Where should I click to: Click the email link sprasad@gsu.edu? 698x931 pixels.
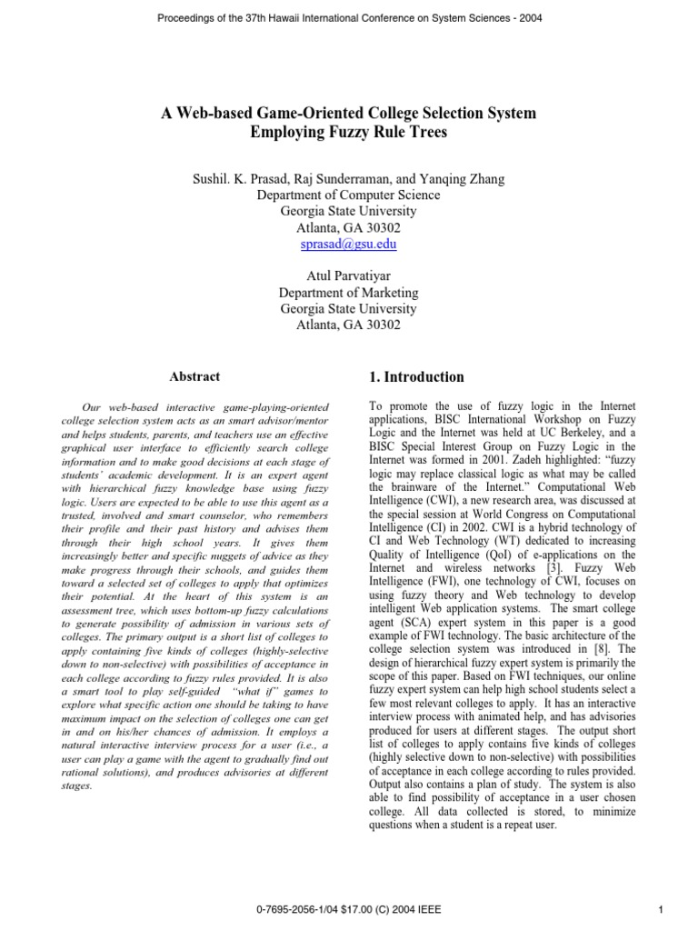tap(348, 245)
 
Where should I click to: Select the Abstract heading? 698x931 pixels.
tap(194, 376)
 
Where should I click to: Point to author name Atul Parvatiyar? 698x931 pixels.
tap(348, 276)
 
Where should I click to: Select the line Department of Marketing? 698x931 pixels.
tap(348, 293)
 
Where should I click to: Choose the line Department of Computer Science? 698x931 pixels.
tap(348, 195)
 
